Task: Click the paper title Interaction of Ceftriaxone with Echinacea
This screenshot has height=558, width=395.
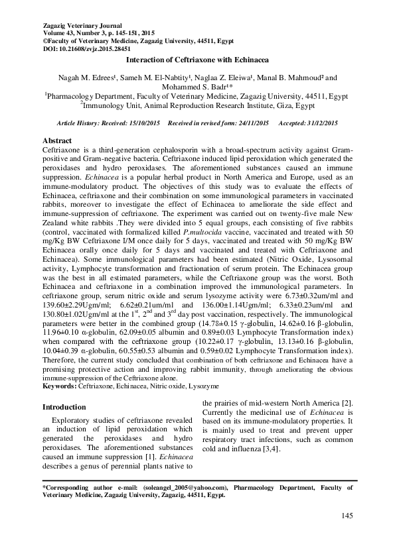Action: (x=197, y=60)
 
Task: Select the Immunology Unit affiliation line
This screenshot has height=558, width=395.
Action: (x=197, y=105)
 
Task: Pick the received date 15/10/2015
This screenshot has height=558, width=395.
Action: (x=146, y=124)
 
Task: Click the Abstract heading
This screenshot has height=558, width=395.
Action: (x=58, y=142)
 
